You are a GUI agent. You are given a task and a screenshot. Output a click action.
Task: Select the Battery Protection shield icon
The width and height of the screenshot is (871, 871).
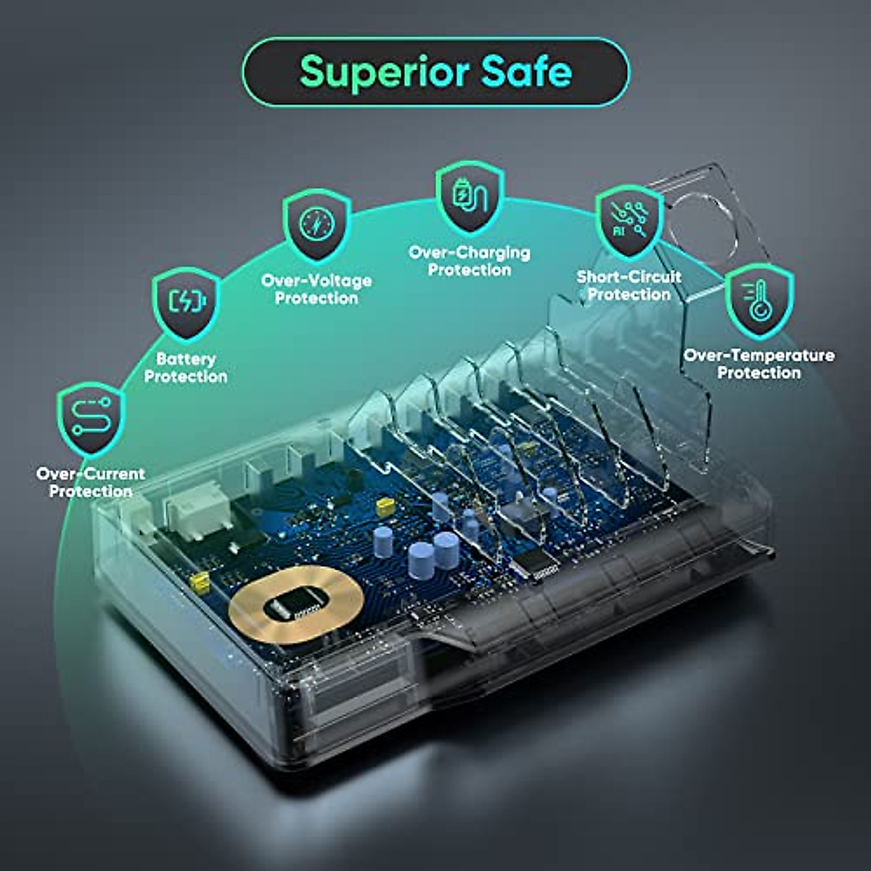pos(187,303)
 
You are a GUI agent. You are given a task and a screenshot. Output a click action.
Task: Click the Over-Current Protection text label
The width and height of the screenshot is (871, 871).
pos(91,483)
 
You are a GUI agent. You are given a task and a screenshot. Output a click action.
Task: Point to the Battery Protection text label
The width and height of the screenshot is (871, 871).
pos(186,368)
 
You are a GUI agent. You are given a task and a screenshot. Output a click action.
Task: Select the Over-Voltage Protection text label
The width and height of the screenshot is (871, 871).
pos(316,290)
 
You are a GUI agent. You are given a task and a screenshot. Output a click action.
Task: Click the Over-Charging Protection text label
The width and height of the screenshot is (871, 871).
pos(470,261)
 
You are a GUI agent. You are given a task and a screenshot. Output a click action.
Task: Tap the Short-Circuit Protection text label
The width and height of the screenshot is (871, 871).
pos(629,285)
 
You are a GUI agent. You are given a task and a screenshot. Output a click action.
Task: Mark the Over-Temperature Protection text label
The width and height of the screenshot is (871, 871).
pos(759,364)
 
